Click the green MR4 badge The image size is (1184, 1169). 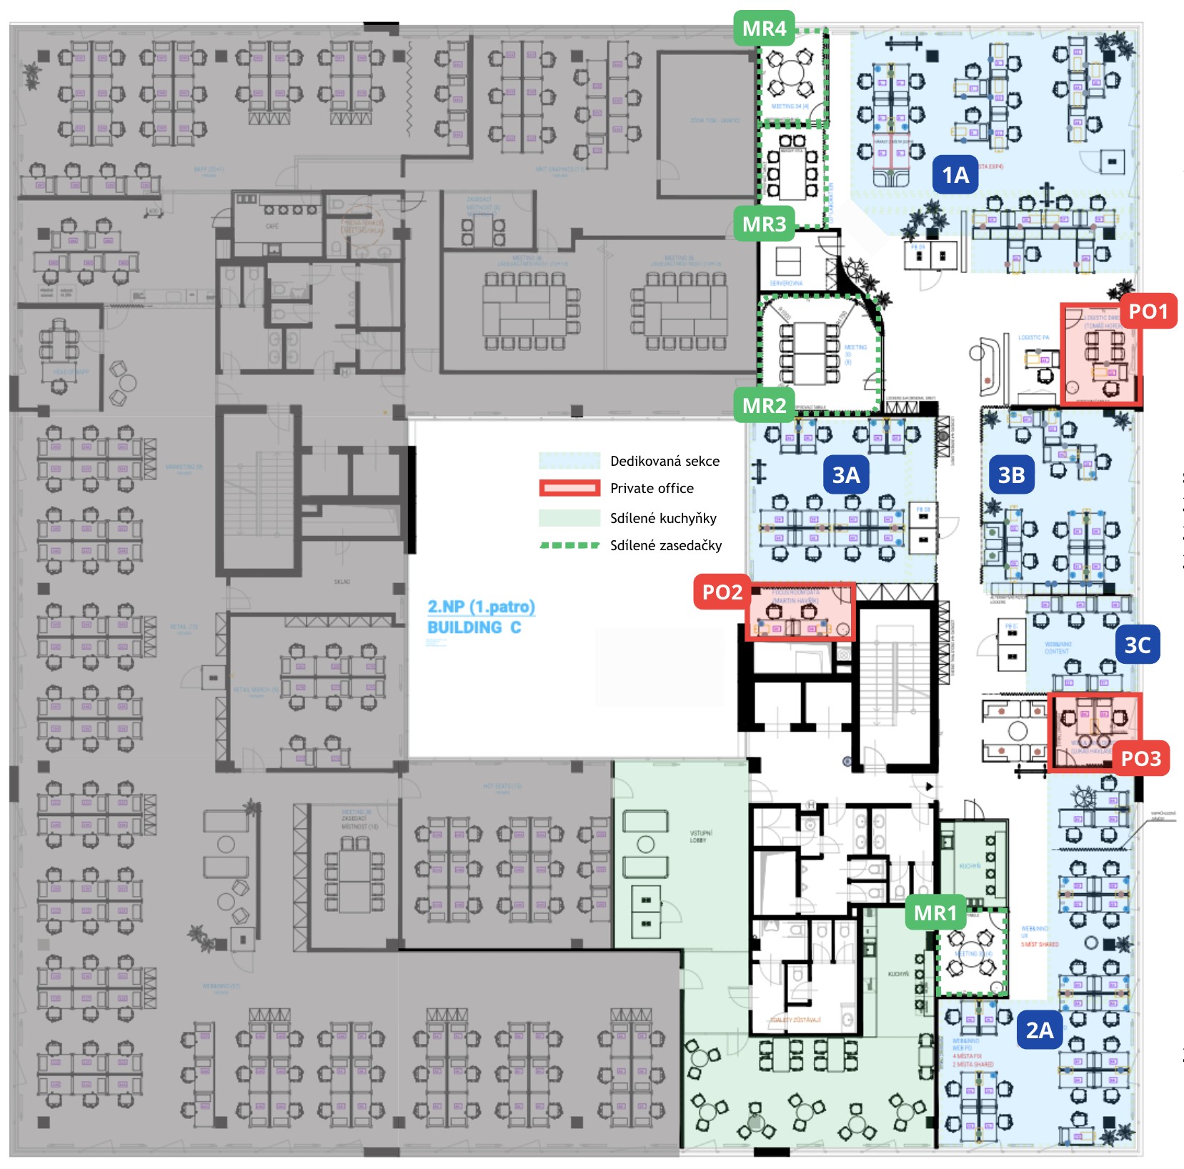(764, 29)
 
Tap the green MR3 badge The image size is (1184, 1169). (764, 224)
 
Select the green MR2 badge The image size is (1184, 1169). (764, 406)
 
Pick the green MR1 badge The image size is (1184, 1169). (935, 913)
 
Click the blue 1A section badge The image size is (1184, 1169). (955, 176)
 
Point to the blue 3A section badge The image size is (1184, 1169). (846, 475)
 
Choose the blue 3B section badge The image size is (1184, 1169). (1011, 475)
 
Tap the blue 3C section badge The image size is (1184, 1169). (1137, 645)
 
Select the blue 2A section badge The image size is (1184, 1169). (1040, 1030)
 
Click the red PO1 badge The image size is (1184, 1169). (1148, 312)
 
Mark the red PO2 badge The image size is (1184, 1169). (722, 592)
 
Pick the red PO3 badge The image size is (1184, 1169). (1140, 759)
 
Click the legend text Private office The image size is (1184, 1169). (652, 489)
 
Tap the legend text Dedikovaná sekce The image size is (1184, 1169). (665, 462)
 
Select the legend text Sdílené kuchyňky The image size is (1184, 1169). (663, 519)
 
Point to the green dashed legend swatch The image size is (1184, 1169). (569, 545)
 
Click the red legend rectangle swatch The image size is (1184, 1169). (569, 489)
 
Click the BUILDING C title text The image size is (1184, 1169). (474, 627)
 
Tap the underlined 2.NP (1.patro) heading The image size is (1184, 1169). (481, 607)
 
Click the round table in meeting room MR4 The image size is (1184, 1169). (791, 72)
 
